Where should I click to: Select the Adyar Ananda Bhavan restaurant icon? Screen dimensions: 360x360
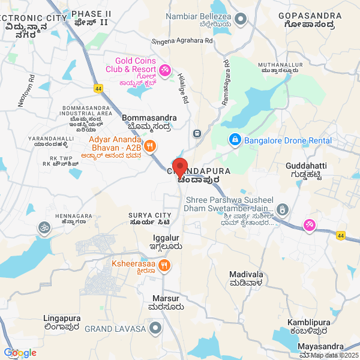click(151, 145)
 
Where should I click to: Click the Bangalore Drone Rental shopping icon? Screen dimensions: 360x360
click(235, 140)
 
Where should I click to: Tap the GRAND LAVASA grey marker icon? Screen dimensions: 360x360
click(156, 328)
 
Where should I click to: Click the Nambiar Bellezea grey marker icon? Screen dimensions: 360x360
click(241, 19)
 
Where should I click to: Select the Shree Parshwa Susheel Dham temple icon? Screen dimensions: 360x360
click(283, 209)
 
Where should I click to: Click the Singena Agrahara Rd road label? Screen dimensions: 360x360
click(185, 41)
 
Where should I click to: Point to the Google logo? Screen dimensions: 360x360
click(20, 353)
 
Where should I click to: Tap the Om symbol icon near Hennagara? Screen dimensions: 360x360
click(43, 227)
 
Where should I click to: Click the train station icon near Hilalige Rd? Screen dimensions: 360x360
click(196, 133)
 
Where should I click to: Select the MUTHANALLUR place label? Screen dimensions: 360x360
click(278, 67)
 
